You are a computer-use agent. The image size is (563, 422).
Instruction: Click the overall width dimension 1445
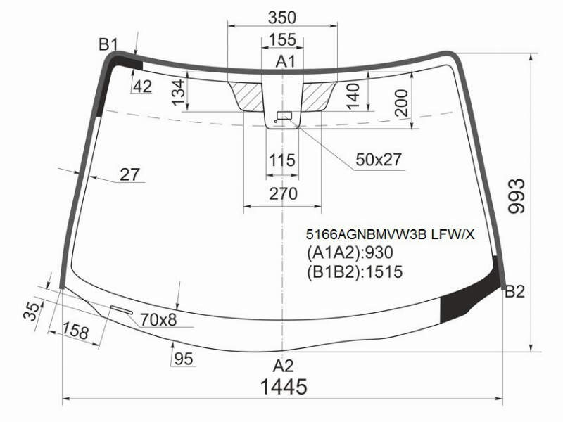tap(284, 387)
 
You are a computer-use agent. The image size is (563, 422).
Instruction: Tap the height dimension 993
tap(517, 196)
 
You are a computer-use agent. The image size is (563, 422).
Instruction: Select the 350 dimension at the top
tap(282, 17)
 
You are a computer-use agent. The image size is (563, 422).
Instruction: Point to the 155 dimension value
tap(283, 39)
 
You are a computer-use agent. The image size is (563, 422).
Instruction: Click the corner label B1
tap(108, 45)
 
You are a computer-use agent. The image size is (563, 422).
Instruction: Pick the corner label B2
tap(515, 292)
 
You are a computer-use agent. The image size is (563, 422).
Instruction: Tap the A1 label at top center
tap(286, 62)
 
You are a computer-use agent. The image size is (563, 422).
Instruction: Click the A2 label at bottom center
tap(284, 366)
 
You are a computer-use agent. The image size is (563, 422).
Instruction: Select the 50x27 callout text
tap(379, 160)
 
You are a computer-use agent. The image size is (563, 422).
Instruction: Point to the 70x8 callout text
tap(158, 319)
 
